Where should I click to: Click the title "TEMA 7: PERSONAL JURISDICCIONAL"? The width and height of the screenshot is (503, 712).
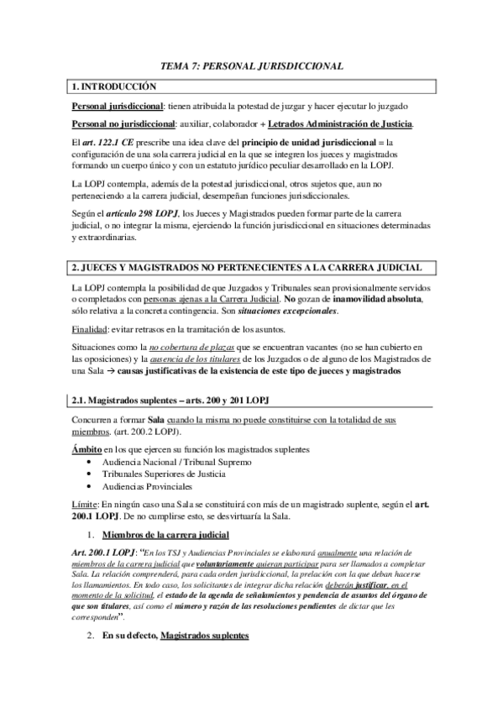[x=251, y=65]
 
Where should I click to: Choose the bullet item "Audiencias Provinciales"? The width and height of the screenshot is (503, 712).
[x=147, y=486]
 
